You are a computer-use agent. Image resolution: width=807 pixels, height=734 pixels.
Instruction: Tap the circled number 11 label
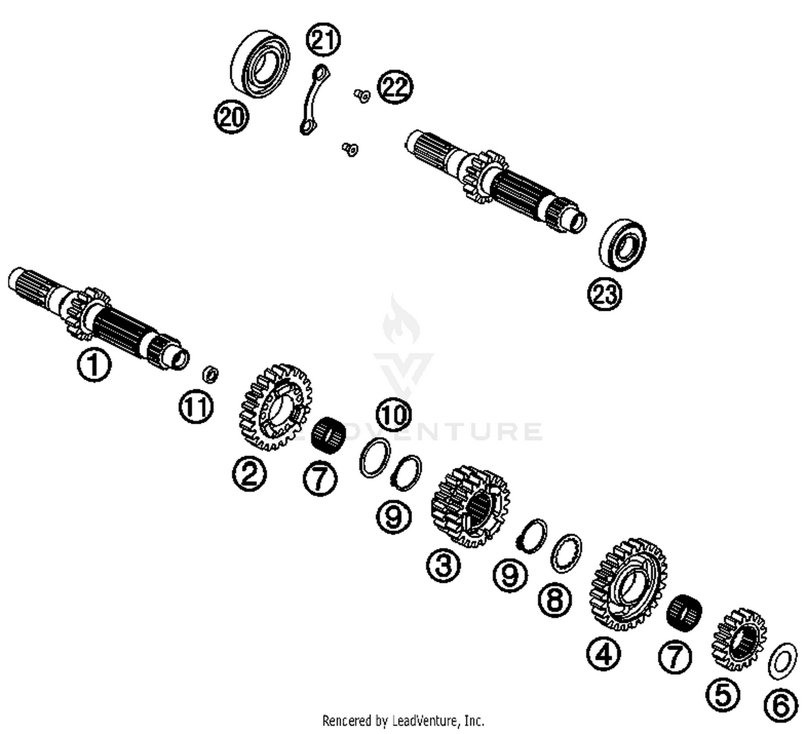click(196, 407)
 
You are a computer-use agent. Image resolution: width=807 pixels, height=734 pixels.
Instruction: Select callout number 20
click(231, 117)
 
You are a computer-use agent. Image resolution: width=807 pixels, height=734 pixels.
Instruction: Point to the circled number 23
click(604, 294)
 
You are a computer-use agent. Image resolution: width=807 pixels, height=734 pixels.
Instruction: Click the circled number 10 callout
click(393, 415)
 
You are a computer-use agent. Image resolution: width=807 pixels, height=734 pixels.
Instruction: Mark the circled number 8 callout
click(555, 598)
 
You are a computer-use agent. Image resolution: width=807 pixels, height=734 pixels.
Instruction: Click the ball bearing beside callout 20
click(260, 64)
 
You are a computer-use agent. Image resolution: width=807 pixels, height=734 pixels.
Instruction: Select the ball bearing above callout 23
click(622, 244)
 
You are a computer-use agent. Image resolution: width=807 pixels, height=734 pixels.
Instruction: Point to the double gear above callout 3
click(470, 506)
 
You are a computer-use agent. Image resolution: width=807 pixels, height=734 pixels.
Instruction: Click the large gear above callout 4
click(628, 583)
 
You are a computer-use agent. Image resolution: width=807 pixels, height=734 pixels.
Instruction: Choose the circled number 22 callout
click(395, 87)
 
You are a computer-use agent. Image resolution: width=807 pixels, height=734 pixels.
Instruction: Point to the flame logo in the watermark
click(401, 320)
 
